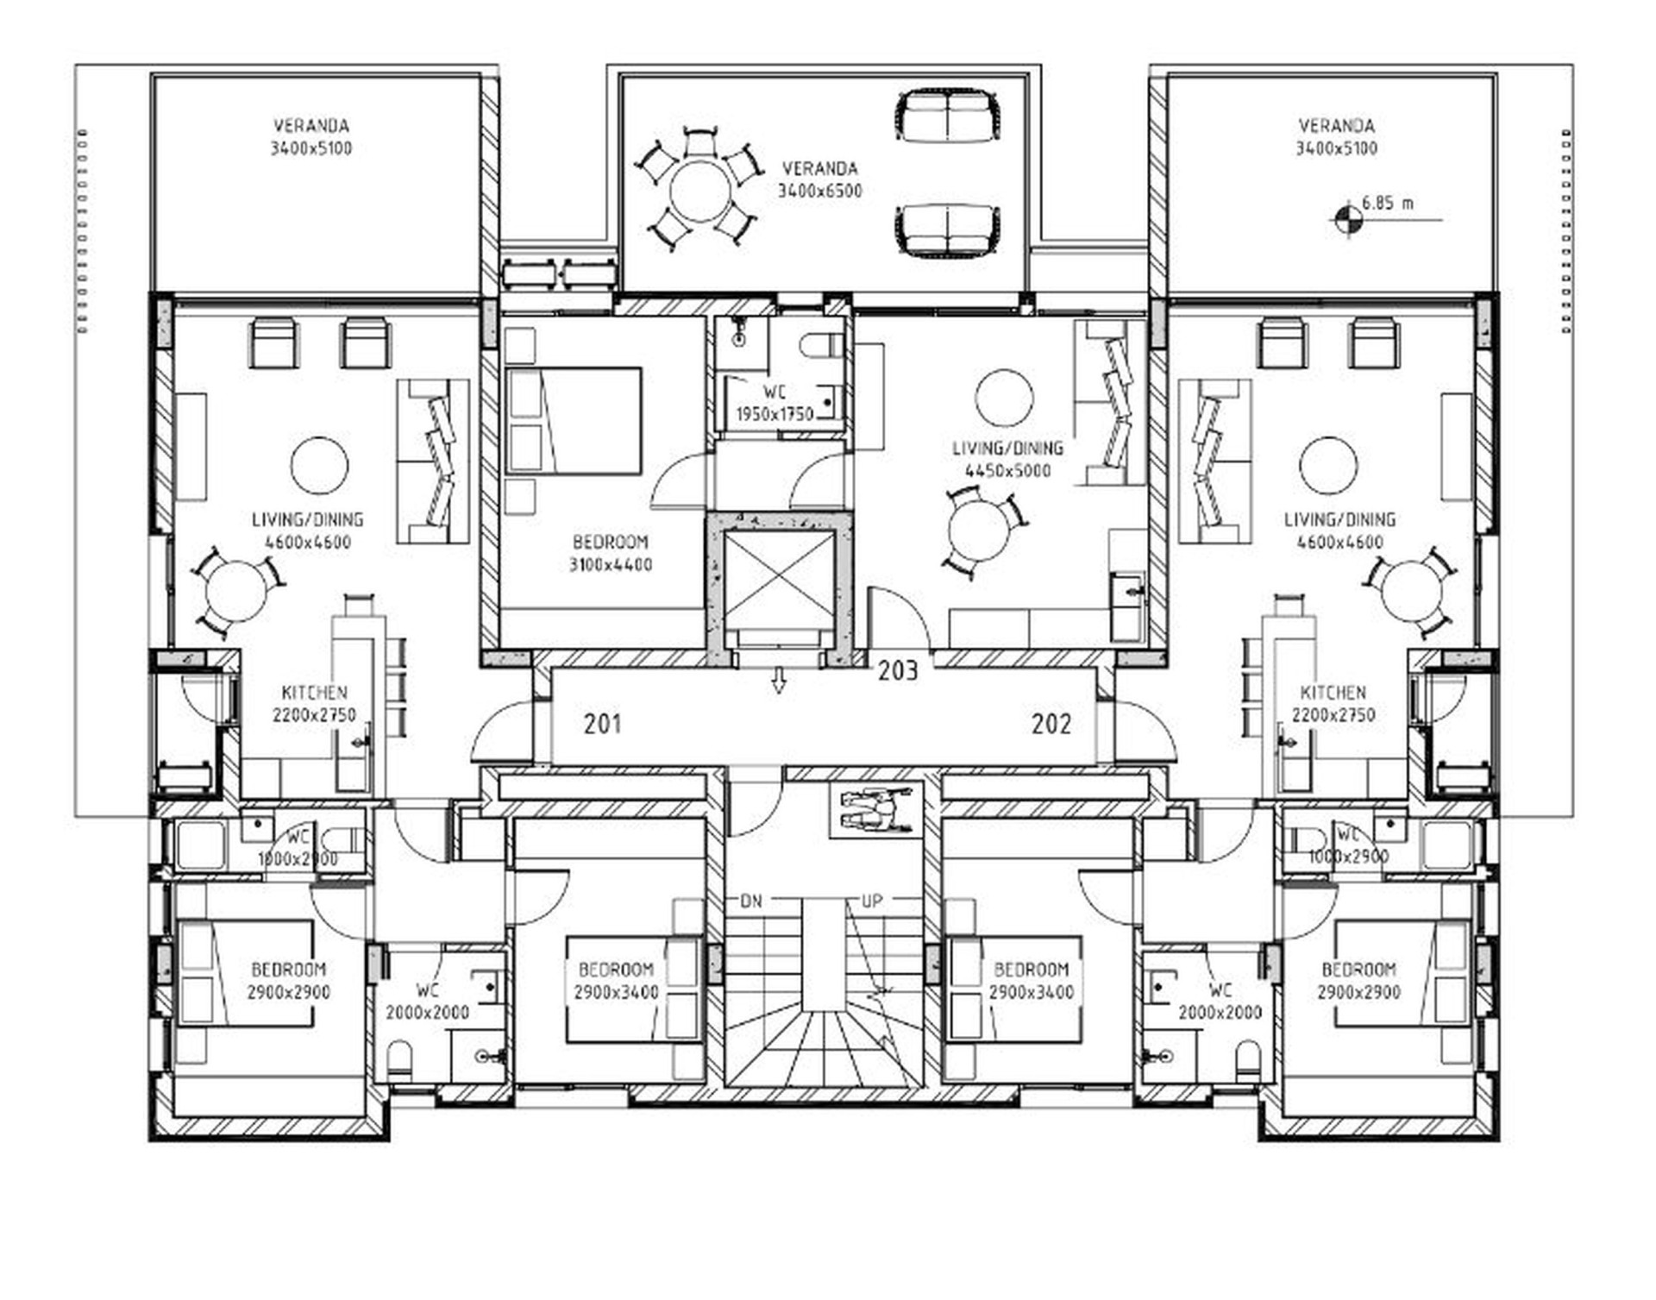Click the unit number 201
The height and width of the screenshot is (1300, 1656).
click(x=602, y=723)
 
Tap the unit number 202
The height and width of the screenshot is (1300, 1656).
click(x=1051, y=723)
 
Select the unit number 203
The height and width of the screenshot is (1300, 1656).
click(x=898, y=670)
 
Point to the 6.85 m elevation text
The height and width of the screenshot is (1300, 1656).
click(x=1388, y=204)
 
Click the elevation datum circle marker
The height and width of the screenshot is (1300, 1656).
click(x=1344, y=220)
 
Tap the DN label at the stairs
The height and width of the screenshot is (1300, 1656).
click(x=751, y=901)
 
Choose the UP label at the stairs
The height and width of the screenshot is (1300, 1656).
click(x=872, y=901)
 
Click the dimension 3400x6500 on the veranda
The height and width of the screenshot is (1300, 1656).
click(x=820, y=192)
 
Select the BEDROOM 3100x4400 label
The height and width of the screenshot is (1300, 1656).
click(x=611, y=554)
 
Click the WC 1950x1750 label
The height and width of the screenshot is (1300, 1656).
click(x=775, y=404)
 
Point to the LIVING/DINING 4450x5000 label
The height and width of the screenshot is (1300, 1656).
click(x=1007, y=459)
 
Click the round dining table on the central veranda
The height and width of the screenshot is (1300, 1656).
click(x=700, y=191)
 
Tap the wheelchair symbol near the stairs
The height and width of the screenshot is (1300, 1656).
click(x=875, y=811)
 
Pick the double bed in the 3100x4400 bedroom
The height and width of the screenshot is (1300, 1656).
click(x=574, y=421)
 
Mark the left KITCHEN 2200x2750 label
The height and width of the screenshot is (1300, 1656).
click(x=315, y=704)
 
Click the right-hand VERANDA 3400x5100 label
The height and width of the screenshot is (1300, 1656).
click(x=1336, y=137)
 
